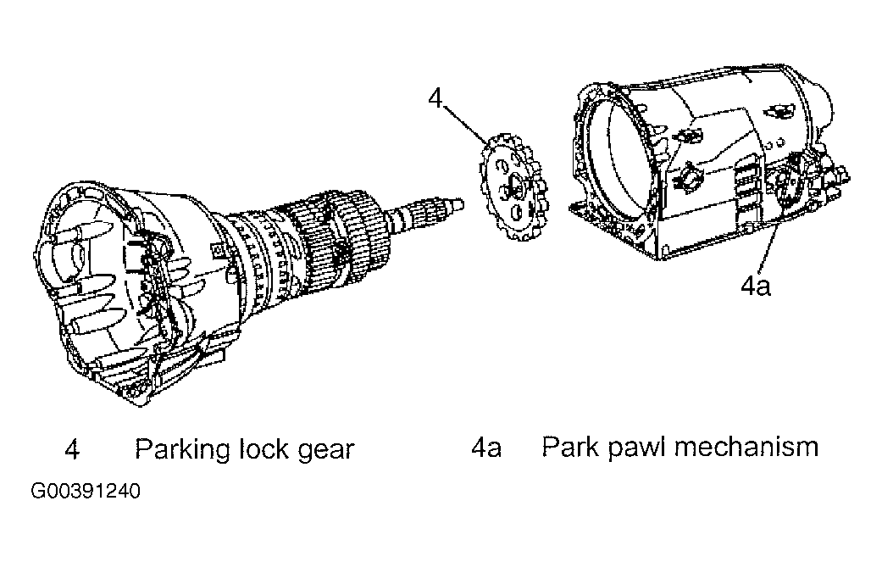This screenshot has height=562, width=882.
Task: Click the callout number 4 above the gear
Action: (435, 98)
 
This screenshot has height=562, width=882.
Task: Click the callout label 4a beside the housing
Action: (755, 287)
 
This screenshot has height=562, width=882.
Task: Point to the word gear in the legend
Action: (325, 450)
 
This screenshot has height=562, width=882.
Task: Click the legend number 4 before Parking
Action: (72, 449)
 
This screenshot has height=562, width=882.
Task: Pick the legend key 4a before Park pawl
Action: (485, 448)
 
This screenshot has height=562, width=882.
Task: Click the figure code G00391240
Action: (85, 492)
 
